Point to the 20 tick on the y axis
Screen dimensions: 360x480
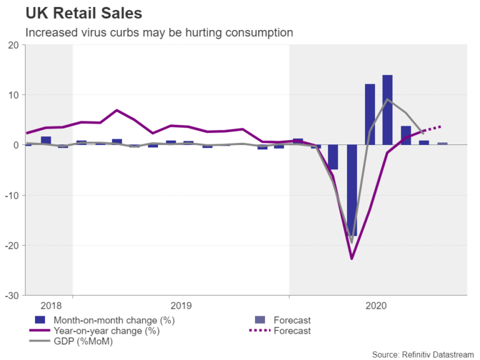click(x=12, y=45)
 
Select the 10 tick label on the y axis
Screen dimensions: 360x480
click(x=12, y=95)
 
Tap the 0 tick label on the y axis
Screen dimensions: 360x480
click(x=14, y=145)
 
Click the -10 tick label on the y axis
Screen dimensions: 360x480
click(x=10, y=195)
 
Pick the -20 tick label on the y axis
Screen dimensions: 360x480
click(x=10, y=245)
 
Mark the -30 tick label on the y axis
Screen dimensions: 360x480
click(x=10, y=295)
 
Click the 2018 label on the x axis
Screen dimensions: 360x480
click(x=51, y=306)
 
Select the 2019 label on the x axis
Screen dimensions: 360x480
click(x=181, y=306)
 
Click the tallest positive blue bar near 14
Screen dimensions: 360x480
click(x=387, y=109)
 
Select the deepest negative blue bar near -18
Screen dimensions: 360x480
click(x=351, y=191)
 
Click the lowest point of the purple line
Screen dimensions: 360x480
click(x=351, y=258)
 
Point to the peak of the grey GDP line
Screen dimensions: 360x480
click(x=387, y=99)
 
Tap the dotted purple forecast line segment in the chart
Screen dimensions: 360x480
click(x=432, y=129)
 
